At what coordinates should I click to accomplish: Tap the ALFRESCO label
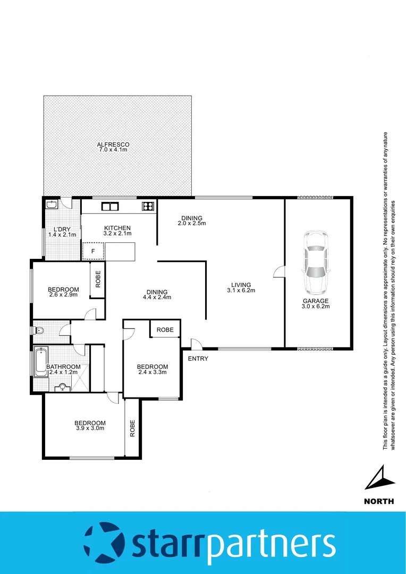(113, 145)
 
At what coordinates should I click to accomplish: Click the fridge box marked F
(92, 250)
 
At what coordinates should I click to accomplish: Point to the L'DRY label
(62, 229)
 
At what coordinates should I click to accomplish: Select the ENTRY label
(198, 359)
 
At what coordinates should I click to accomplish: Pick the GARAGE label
(316, 301)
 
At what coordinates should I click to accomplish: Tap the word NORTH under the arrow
(379, 501)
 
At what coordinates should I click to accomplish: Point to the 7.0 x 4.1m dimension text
(113, 150)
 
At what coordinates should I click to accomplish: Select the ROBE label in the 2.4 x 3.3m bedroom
(165, 330)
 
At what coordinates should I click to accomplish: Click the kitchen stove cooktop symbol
(147, 206)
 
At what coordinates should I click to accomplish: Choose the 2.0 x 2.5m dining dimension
(191, 223)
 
